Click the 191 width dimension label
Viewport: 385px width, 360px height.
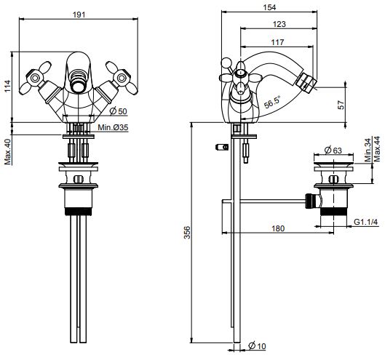click(x=79, y=15)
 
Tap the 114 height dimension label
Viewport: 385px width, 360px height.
click(x=7, y=86)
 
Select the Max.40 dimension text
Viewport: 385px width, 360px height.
click(x=8, y=152)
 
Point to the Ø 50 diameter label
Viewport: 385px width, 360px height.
click(x=119, y=111)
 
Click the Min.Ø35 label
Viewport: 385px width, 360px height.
click(x=113, y=127)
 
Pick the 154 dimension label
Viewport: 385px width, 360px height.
click(x=269, y=7)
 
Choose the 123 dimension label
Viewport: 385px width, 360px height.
click(x=279, y=24)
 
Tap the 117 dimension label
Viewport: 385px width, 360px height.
click(x=277, y=42)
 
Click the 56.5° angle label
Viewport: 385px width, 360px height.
click(x=272, y=103)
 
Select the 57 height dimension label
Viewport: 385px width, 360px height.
click(x=341, y=105)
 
